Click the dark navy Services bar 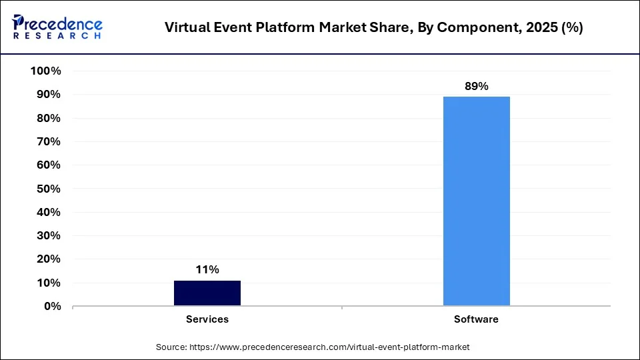[207, 293]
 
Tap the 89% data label [476, 87]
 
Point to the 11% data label [207, 270]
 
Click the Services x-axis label [207, 319]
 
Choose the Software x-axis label [476, 319]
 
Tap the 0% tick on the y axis [53, 307]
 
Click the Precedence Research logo [57, 27]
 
